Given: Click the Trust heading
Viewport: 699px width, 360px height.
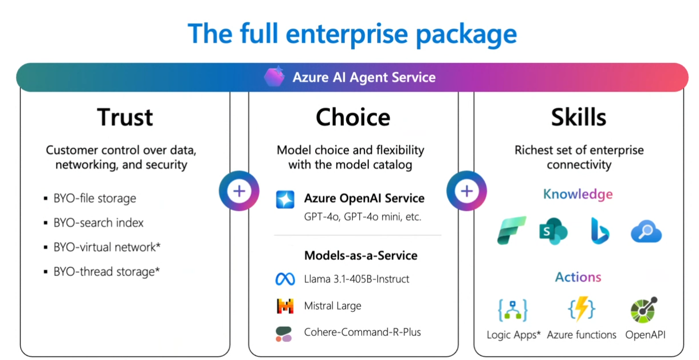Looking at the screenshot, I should (x=125, y=117).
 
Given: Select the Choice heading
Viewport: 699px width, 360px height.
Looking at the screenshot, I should (x=353, y=117).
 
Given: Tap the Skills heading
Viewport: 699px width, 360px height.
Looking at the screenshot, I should (x=578, y=117).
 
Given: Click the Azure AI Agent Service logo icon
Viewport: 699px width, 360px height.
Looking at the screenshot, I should (x=274, y=77).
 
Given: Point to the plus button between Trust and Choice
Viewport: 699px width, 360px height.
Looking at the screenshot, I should (x=239, y=191).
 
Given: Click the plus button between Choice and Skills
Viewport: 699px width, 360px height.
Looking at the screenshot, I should (x=466, y=191).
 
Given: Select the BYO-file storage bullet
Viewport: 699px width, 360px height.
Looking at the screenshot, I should (x=95, y=199).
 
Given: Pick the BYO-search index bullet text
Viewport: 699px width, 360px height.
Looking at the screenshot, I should (x=99, y=223).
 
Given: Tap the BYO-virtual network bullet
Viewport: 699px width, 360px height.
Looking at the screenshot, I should (x=107, y=247).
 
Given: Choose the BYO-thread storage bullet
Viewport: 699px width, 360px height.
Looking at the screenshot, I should (x=106, y=271).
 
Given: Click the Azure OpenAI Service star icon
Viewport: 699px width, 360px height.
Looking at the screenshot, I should (x=285, y=199).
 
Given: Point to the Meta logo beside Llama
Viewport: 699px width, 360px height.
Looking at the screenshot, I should (x=285, y=279).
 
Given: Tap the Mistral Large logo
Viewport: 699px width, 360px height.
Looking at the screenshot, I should (x=285, y=306).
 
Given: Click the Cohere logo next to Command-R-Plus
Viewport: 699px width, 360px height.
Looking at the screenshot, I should (x=284, y=333).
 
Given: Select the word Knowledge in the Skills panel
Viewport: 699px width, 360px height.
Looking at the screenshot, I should (x=578, y=195).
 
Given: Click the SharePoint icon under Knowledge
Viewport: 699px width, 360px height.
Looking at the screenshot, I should (x=553, y=231).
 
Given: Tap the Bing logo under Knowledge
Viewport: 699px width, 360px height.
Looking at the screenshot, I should (x=599, y=231).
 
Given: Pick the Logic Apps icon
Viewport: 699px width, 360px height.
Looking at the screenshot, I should (x=513, y=310).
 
